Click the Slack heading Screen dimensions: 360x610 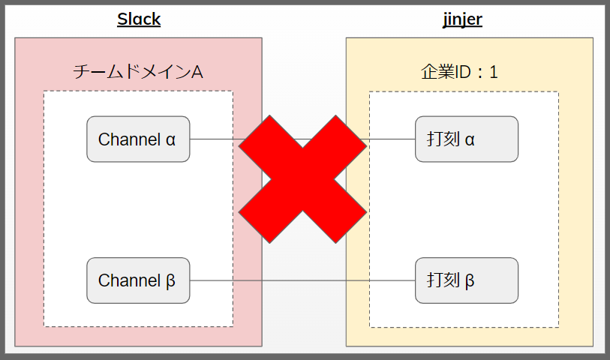[139, 19]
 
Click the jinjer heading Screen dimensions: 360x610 [462, 19]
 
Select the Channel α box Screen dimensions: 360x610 [138, 139]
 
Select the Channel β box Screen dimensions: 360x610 [138, 280]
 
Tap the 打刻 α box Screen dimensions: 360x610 [467, 139]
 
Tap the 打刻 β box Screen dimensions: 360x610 [467, 280]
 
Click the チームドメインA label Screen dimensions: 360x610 [138, 72]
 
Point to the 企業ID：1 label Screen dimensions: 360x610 [460, 72]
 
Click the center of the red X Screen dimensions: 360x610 [302, 180]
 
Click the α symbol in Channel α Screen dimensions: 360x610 [170, 139]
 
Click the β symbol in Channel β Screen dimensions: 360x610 [170, 281]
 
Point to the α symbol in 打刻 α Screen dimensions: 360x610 [470, 139]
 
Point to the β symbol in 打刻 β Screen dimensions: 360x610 [470, 281]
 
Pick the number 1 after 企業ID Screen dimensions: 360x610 [493, 72]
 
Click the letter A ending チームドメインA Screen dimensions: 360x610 [197, 72]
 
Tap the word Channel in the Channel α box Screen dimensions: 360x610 [128, 139]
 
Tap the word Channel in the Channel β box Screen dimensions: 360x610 [128, 280]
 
